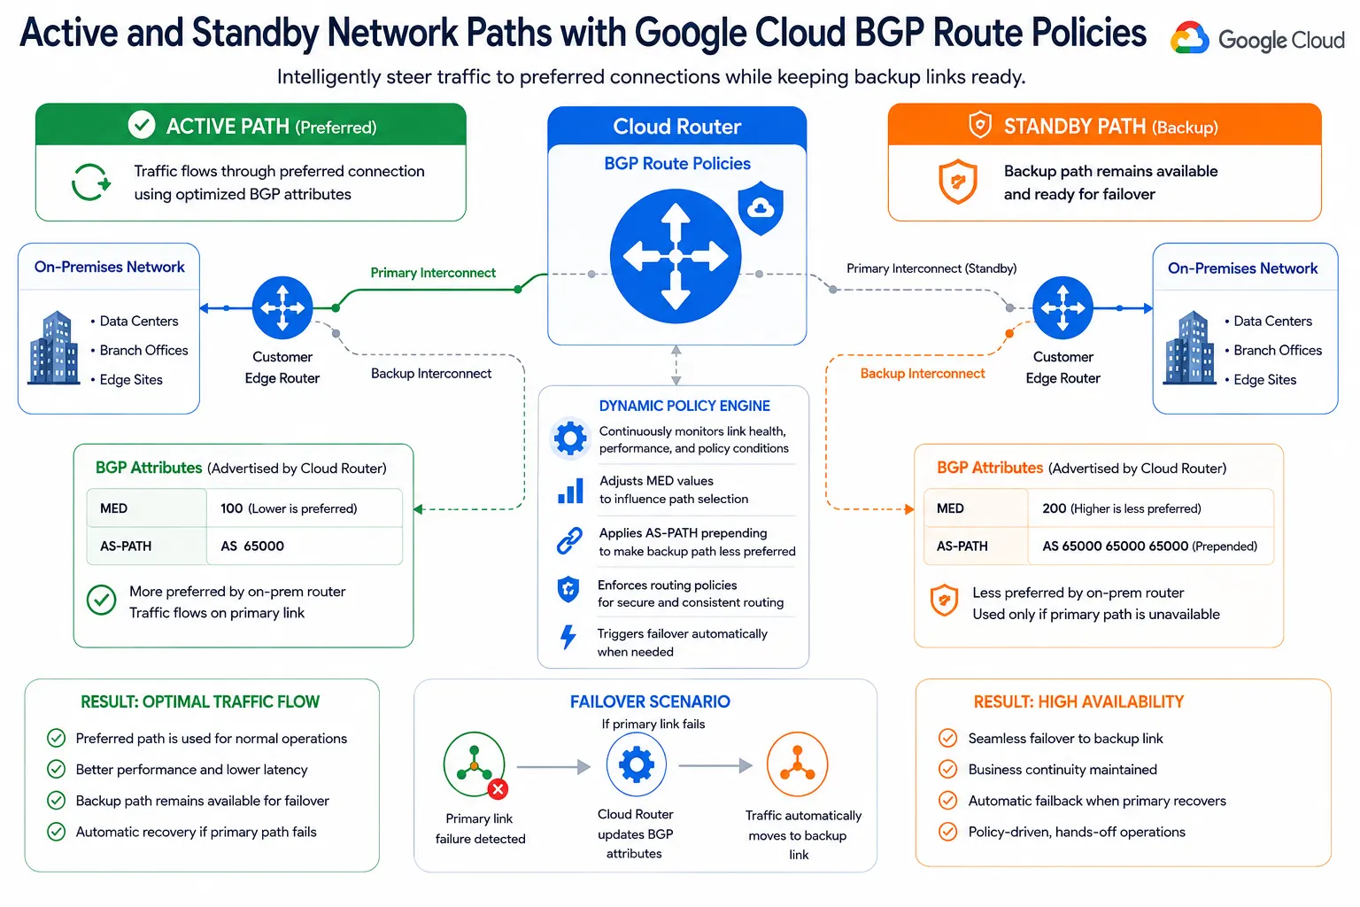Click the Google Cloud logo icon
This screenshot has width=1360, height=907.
pos(1189,38)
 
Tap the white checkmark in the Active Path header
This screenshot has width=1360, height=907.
pos(142,125)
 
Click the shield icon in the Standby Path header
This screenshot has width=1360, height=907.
pos(980,125)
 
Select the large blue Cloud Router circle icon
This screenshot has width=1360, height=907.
pos(676,256)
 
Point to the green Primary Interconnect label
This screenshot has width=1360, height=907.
pos(433,273)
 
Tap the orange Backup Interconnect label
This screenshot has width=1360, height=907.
pos(923,374)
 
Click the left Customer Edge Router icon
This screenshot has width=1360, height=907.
pos(282,307)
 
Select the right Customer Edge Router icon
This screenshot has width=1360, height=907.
pos(1062,307)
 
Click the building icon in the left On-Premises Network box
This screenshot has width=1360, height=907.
pos(54,347)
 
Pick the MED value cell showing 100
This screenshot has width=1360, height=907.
pos(304,508)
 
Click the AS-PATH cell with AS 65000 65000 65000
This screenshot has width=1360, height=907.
pos(1150,547)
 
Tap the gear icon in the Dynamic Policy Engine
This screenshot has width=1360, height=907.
pos(569,438)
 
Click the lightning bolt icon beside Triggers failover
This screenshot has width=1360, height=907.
pos(568,637)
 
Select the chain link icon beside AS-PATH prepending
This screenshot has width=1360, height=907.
pos(569,540)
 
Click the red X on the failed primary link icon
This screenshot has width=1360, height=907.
pos(498,789)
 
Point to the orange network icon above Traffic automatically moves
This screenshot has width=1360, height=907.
pos(797,764)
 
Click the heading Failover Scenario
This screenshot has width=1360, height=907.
pos(650,702)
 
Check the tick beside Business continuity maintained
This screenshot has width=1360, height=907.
pos(947,769)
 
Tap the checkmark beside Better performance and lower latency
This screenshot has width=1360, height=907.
pos(57,769)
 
